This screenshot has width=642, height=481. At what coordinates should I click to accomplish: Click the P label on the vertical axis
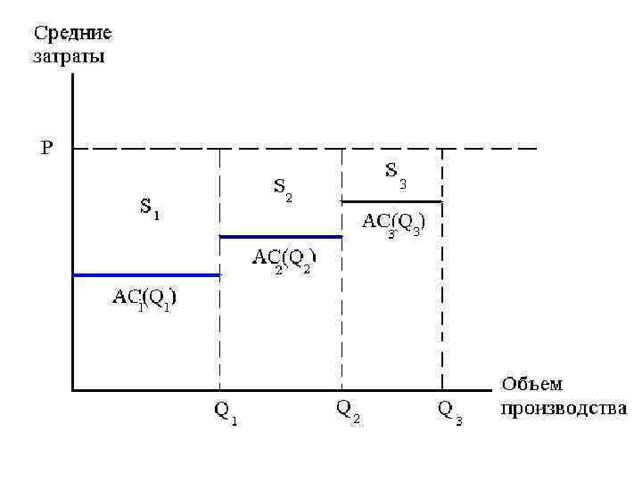46,148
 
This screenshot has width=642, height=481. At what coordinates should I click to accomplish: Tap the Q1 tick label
226,412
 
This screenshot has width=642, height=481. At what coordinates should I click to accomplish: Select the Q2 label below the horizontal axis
347,411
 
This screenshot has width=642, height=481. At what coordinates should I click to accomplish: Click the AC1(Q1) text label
144,298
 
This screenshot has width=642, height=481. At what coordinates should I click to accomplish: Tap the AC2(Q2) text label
284,259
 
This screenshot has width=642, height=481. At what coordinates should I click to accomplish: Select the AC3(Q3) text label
392,224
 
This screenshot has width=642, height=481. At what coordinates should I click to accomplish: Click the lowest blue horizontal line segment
146,275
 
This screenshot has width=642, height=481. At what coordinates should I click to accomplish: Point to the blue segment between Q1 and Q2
281,237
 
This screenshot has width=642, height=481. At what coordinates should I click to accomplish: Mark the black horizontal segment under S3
391,201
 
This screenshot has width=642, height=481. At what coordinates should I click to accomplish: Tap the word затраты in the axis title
69,58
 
